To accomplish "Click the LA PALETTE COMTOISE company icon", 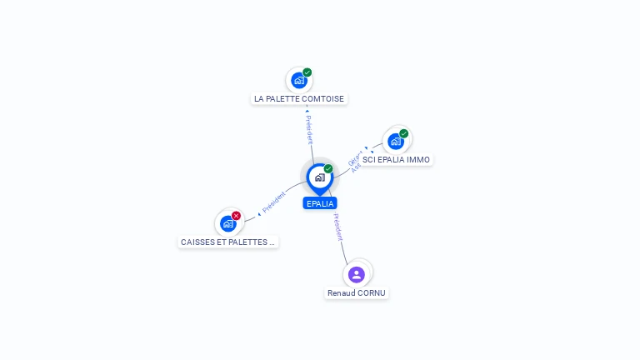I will click(x=298, y=81).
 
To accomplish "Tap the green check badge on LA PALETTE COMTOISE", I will click(x=307, y=72).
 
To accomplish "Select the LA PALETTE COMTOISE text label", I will click(x=299, y=98).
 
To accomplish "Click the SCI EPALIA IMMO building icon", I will click(x=396, y=141).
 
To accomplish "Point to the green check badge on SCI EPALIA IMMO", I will click(x=404, y=133).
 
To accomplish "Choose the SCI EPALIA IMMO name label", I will click(x=397, y=159).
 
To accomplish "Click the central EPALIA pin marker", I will click(x=319, y=177).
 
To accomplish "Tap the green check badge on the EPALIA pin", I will click(x=328, y=169).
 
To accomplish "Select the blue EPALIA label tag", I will click(x=320, y=203).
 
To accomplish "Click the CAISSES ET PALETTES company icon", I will click(x=227, y=223).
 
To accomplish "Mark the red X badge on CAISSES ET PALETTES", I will click(x=236, y=216).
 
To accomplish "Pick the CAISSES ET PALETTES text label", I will click(x=227, y=242).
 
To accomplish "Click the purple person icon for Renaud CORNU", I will click(x=357, y=274).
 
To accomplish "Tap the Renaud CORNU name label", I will click(x=357, y=293).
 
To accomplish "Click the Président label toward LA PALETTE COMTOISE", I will click(x=308, y=129).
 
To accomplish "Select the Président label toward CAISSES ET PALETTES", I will click(x=273, y=202).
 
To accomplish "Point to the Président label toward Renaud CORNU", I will click(x=337, y=227).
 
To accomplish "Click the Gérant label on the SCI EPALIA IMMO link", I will click(x=353, y=156).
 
